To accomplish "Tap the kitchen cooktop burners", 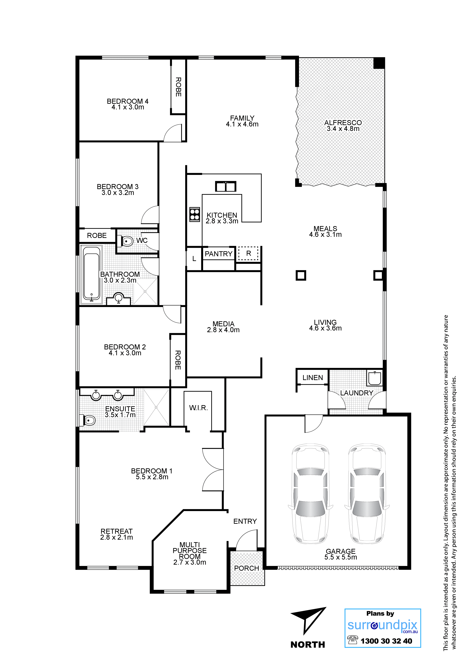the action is click(x=195, y=215).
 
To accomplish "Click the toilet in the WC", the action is click(x=125, y=241).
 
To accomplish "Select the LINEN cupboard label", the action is click(x=313, y=378).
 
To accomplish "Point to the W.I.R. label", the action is click(x=199, y=408).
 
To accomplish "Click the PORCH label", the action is click(x=246, y=568).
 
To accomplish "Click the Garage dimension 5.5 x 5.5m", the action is click(x=341, y=557).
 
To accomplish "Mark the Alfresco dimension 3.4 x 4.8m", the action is click(x=343, y=129).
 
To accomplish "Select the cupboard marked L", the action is click(x=194, y=259).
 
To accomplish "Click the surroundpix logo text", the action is click(x=382, y=625).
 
